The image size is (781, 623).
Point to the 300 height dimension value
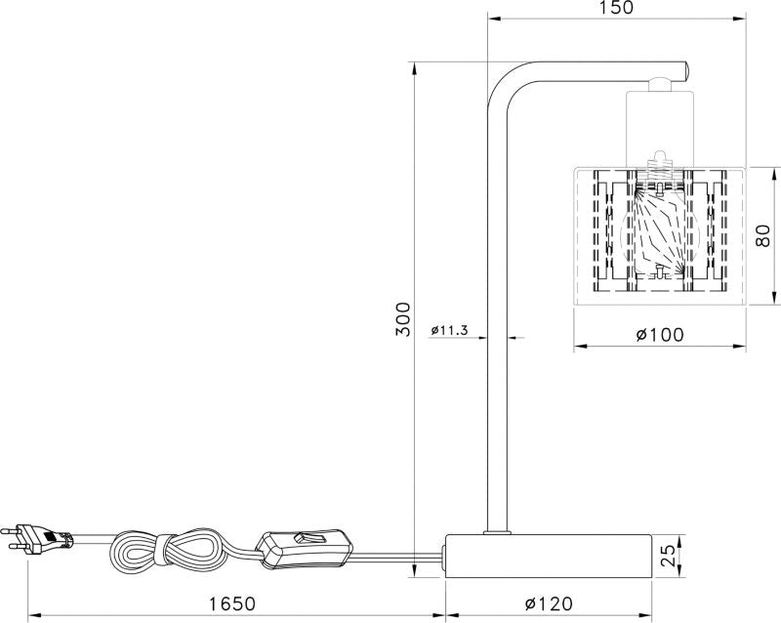(401, 318)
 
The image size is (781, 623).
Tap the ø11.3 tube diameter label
(449, 331)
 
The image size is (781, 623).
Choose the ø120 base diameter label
(549, 604)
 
